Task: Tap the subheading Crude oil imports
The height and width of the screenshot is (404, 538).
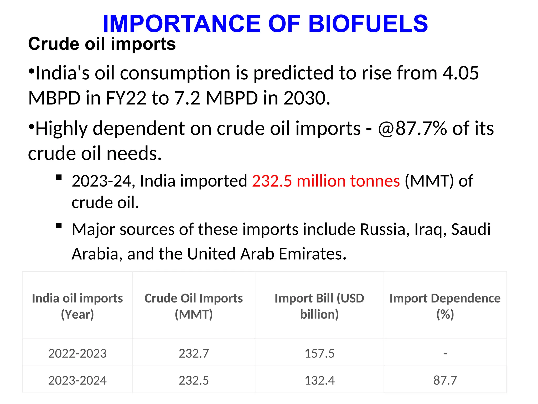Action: pyautogui.click(x=102, y=44)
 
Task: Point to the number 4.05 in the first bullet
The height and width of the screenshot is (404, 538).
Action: pyautogui.click(x=461, y=73)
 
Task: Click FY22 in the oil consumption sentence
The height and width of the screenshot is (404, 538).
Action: pyautogui.click(x=126, y=98)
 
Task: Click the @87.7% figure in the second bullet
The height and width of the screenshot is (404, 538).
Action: pyautogui.click(x=412, y=129)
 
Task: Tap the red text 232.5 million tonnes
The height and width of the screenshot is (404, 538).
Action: pyautogui.click(x=326, y=181)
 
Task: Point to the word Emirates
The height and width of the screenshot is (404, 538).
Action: pyautogui.click(x=312, y=254)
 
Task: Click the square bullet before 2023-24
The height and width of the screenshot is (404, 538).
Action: pyautogui.click(x=59, y=178)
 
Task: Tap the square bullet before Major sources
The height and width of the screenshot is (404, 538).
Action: pyautogui.click(x=59, y=226)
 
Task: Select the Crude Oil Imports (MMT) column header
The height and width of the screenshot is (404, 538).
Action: pyautogui.click(x=194, y=306)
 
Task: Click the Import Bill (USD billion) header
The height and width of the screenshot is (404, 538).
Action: pyautogui.click(x=319, y=306)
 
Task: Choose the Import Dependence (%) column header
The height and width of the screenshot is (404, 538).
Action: pyautogui.click(x=445, y=306)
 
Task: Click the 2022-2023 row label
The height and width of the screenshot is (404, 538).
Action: pyautogui.click(x=77, y=353)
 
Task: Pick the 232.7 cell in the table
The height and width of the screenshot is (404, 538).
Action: pyautogui.click(x=194, y=353)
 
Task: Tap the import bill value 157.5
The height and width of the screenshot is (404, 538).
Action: pyautogui.click(x=319, y=353)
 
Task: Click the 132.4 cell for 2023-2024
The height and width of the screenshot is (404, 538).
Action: pyautogui.click(x=319, y=380)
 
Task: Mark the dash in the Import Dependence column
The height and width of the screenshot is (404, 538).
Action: pyautogui.click(x=445, y=353)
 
